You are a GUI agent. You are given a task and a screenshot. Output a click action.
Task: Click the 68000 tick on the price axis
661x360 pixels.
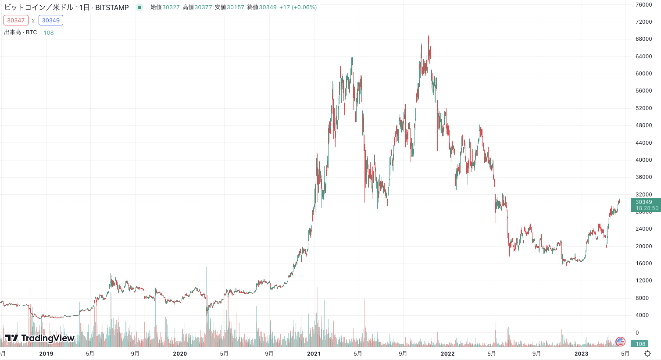click(643, 39)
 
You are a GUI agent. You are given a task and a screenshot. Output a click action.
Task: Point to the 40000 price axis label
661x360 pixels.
click(643, 160)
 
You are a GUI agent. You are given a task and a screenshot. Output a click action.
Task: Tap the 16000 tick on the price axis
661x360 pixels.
click(643, 264)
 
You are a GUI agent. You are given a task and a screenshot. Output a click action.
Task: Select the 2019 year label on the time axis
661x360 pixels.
click(46, 354)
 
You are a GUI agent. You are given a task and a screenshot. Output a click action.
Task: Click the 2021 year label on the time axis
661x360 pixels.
click(314, 354)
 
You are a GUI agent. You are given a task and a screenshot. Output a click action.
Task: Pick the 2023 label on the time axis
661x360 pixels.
click(581, 354)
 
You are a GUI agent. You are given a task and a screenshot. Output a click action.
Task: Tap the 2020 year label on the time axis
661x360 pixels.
click(180, 354)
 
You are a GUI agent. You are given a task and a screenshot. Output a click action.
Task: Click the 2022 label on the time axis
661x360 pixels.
click(447, 354)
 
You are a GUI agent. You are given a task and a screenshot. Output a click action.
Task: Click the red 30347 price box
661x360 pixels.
click(16, 20)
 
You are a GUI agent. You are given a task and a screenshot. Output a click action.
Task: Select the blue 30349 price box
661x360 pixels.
click(51, 20)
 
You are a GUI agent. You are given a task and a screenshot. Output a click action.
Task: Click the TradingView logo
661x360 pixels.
click(39, 338)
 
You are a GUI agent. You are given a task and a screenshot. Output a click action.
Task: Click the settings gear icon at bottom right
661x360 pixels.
click(647, 354)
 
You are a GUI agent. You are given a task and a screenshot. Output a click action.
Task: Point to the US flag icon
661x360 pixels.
click(620, 341)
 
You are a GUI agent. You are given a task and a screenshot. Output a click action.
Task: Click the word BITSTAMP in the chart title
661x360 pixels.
click(112, 7)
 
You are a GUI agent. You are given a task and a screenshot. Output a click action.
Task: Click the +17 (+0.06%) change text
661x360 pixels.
click(298, 7)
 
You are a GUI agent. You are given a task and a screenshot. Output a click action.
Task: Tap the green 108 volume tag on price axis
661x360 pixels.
click(641, 344)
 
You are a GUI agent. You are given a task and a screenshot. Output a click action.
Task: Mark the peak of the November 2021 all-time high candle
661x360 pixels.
click(429, 36)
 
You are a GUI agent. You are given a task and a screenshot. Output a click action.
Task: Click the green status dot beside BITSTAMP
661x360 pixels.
click(139, 7)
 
